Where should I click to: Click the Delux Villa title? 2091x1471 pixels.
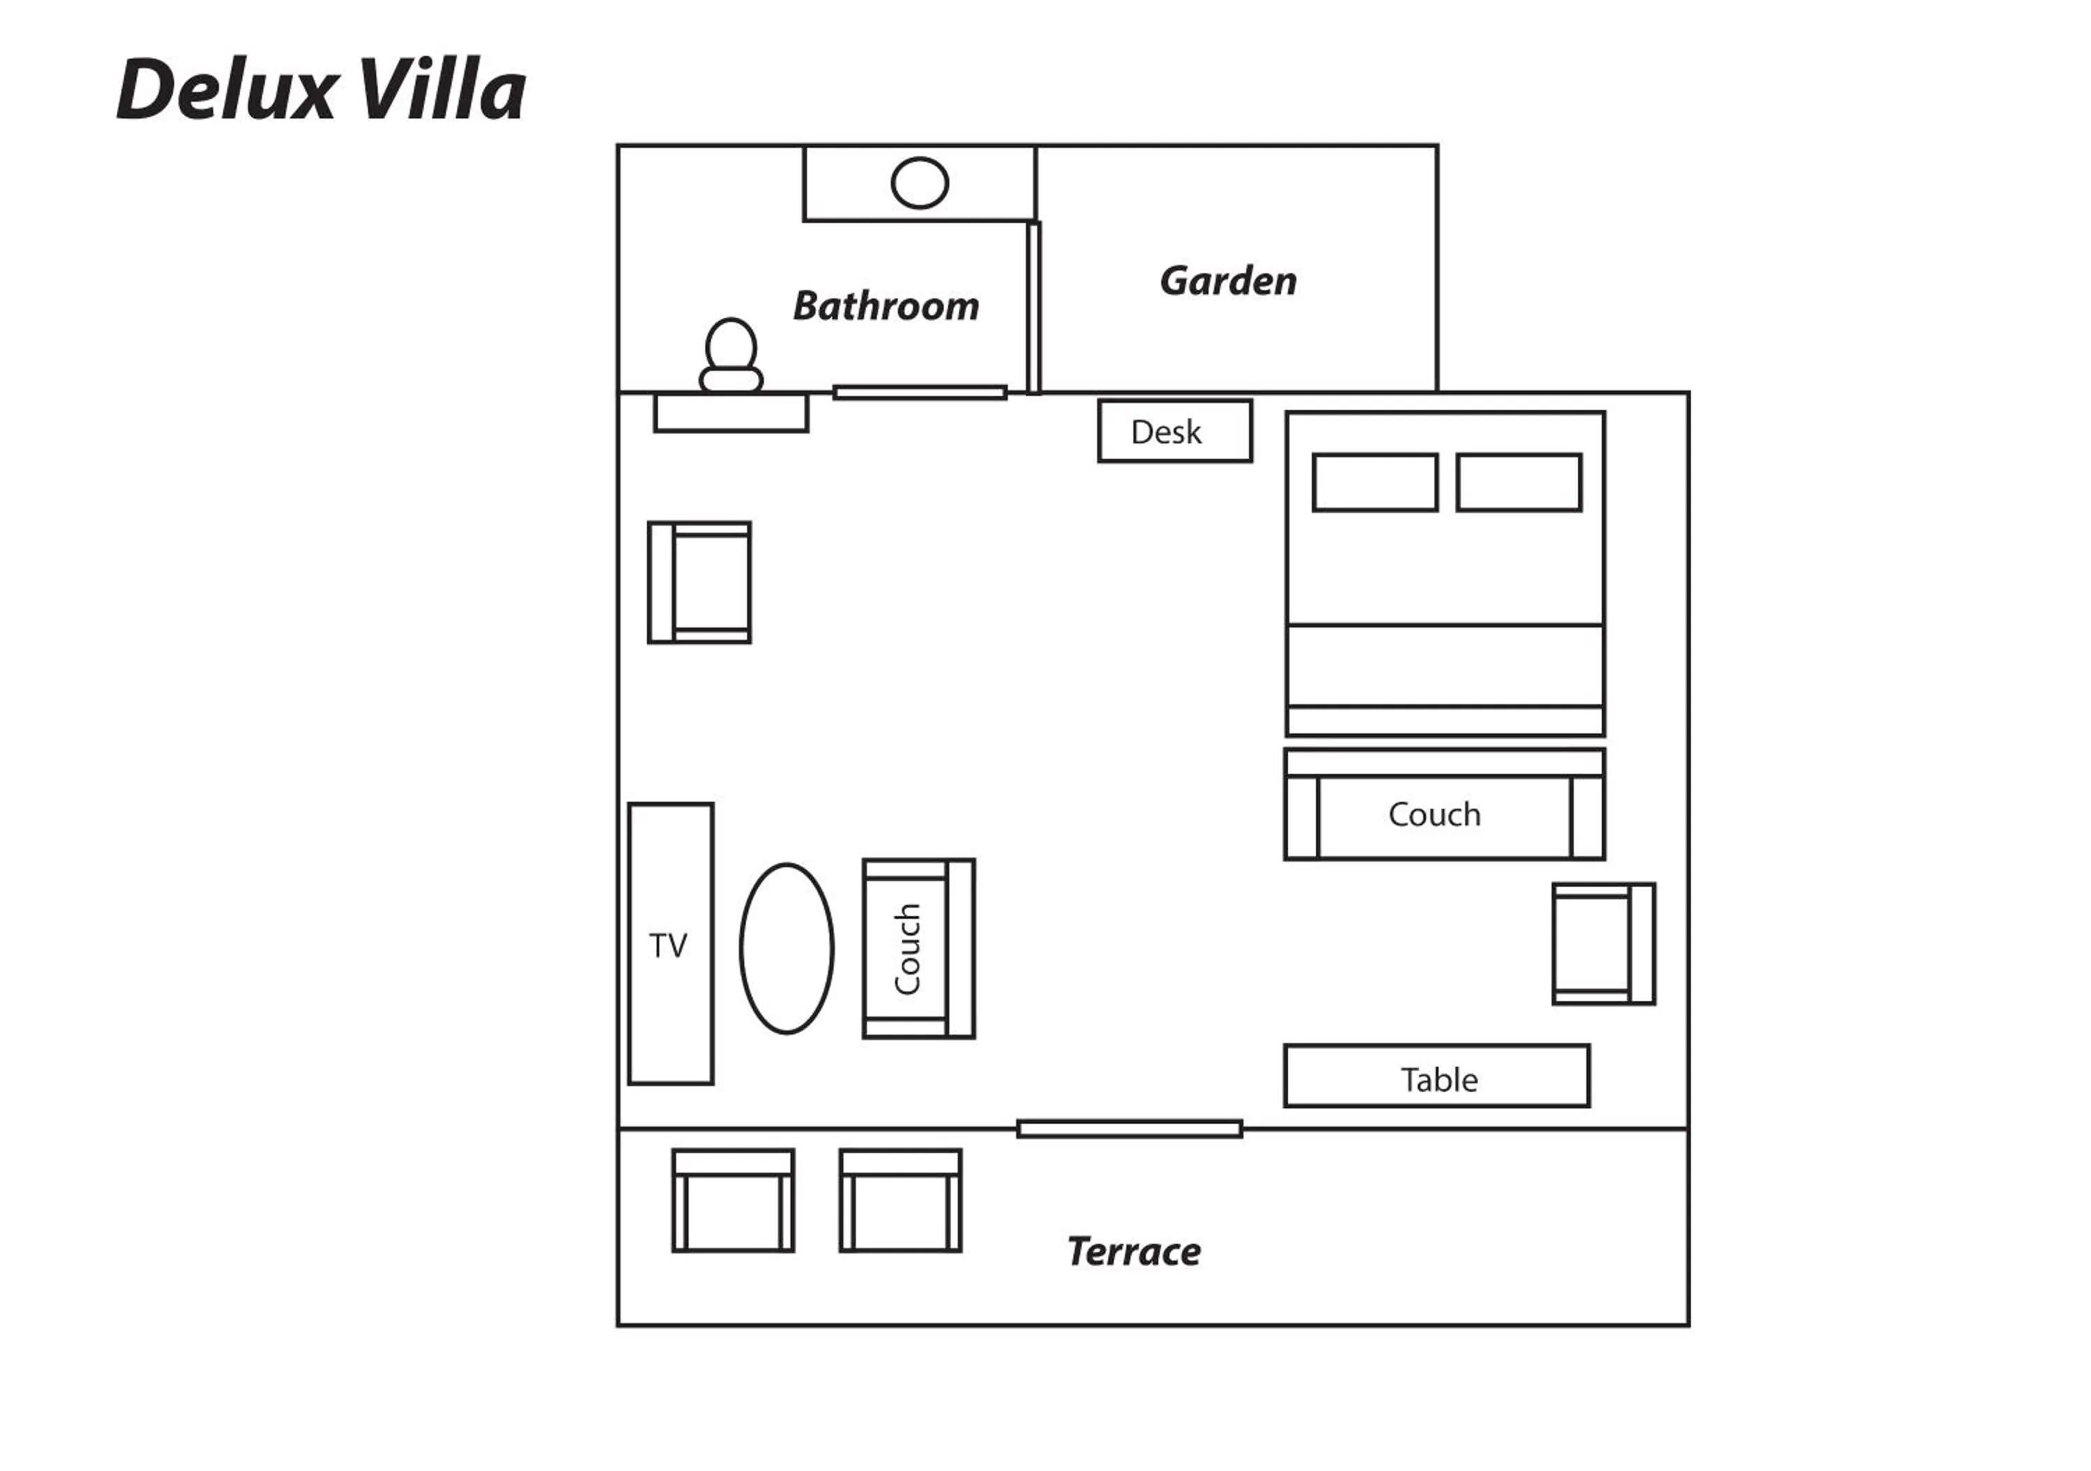tap(321, 89)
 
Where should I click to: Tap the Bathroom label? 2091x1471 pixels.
tap(886, 306)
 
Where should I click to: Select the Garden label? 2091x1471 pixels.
tap(1229, 280)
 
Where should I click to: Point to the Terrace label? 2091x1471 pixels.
tap(1134, 1251)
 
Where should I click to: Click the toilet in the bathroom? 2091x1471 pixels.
tap(731, 356)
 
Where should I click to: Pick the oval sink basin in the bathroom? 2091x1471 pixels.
tap(920, 183)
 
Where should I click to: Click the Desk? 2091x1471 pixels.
tap(1175, 431)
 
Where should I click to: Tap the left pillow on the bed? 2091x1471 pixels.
tap(1375, 482)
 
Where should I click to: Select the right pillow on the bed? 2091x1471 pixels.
tap(1519, 482)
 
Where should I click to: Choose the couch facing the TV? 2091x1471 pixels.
tap(919, 949)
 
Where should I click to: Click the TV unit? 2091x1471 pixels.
tap(671, 945)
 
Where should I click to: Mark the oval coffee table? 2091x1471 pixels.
tap(787, 949)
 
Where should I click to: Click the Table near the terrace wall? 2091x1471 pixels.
tap(1437, 1076)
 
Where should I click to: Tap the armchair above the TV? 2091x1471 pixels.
tap(699, 583)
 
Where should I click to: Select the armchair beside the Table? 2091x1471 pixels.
tap(1604, 945)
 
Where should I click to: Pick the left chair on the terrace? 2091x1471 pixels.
tap(733, 1201)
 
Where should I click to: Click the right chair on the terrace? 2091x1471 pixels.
tap(901, 1201)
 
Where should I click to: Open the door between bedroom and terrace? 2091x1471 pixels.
tap(1129, 1129)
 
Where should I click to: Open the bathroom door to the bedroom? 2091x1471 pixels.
tap(920, 392)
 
